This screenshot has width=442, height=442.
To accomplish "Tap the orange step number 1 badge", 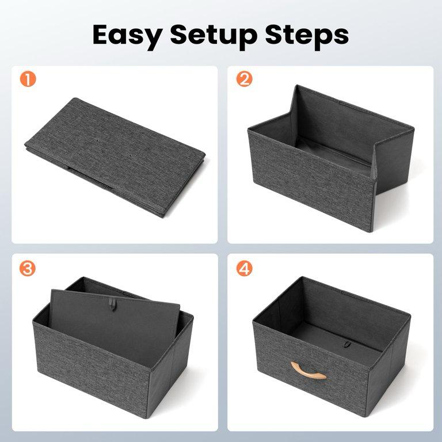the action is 28,79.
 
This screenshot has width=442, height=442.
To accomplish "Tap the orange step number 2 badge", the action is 244,79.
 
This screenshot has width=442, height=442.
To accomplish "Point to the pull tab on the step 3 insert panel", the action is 112,304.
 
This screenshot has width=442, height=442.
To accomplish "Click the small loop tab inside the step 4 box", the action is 348,344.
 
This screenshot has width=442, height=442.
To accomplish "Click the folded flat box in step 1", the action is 115,157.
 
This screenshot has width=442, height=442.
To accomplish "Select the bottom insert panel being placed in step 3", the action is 115,323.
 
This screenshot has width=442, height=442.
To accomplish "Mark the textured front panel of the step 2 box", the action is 311,180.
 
